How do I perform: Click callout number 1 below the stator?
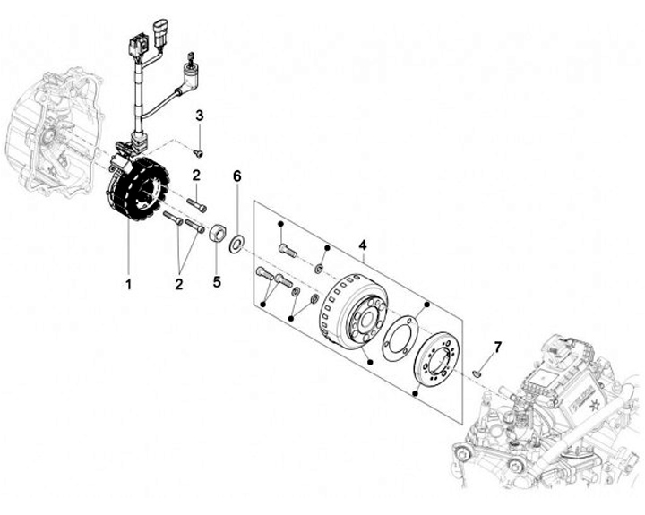click(x=128, y=284)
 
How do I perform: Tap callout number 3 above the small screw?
click(x=200, y=116)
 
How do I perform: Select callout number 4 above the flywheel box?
click(x=363, y=245)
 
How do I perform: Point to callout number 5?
click(x=217, y=282)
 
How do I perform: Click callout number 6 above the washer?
click(x=236, y=176)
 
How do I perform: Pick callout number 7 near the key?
click(x=498, y=348)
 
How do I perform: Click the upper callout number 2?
click(x=196, y=176)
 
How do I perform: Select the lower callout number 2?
click(x=178, y=284)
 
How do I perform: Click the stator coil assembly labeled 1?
click(x=137, y=189)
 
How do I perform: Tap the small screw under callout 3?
click(x=198, y=153)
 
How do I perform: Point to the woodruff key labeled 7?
click(x=477, y=373)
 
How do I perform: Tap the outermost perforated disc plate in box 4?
click(x=435, y=359)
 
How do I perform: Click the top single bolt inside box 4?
click(x=288, y=250)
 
